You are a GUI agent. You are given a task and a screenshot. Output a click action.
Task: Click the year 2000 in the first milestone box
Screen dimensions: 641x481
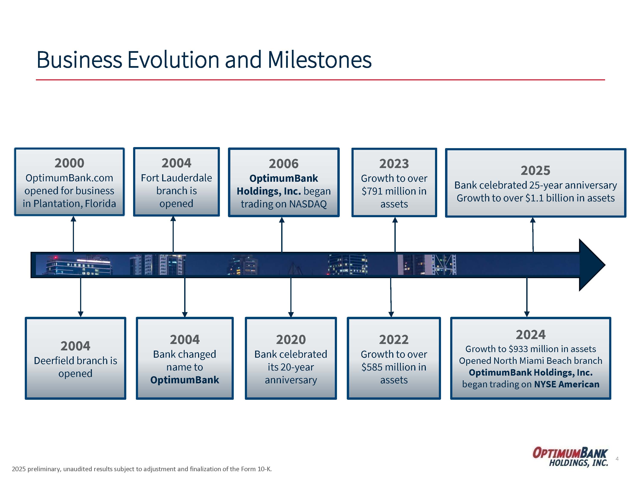coord(69,163)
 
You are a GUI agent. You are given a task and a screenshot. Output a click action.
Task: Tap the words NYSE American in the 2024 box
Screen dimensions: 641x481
coord(566,384)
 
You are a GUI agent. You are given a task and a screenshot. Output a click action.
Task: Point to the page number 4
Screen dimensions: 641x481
coord(617,459)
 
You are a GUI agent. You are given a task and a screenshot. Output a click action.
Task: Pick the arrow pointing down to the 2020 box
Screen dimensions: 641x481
coord(291,297)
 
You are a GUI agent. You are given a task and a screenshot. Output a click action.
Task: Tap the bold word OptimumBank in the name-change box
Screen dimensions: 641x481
coord(185,380)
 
